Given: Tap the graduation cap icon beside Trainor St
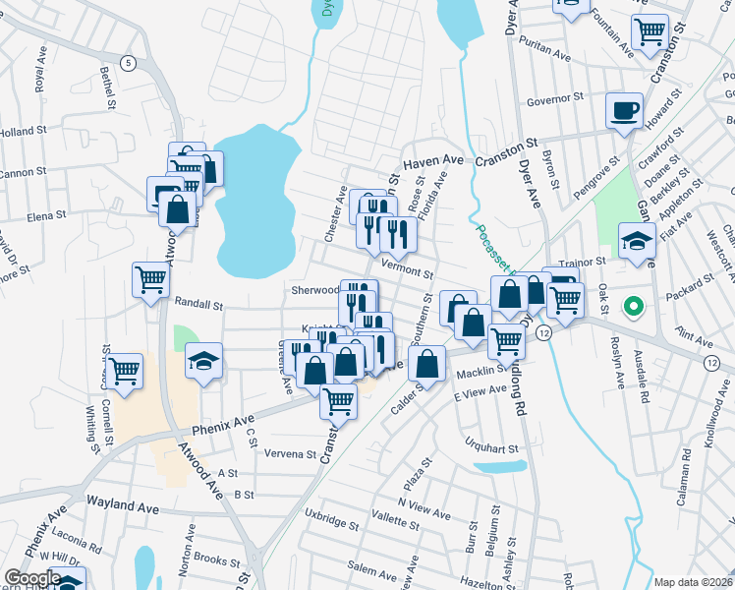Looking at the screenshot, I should (x=636, y=239).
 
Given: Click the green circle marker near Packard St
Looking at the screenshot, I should (x=634, y=308).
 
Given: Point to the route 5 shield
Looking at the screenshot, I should (x=128, y=63).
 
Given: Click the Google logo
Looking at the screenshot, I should (x=32, y=578).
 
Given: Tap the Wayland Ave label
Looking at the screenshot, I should (x=122, y=503).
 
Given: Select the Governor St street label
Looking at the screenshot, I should (x=555, y=99).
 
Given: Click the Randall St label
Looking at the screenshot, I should (x=200, y=306).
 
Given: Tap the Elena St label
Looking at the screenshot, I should (x=46, y=214).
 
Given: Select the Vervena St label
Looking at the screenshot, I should (x=291, y=454).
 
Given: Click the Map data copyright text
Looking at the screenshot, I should (x=693, y=581).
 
